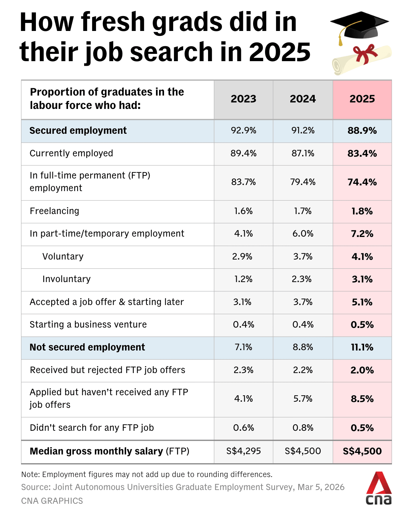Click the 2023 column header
point(244,99)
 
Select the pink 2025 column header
point(362,99)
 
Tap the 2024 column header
point(303,99)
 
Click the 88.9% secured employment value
point(362,131)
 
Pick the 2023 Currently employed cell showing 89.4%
point(244,153)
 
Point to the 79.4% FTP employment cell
point(303,182)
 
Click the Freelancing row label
point(55,211)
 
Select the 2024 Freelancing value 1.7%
point(303,211)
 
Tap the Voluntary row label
point(63,256)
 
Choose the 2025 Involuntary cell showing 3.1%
point(362,279)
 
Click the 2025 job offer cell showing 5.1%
point(362,302)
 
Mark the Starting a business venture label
point(88,325)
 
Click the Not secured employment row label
point(87,347)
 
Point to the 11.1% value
point(362,347)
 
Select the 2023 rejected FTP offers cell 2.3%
point(244,370)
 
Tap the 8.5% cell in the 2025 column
point(362,399)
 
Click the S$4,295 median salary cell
point(244,451)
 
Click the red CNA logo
point(379,488)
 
